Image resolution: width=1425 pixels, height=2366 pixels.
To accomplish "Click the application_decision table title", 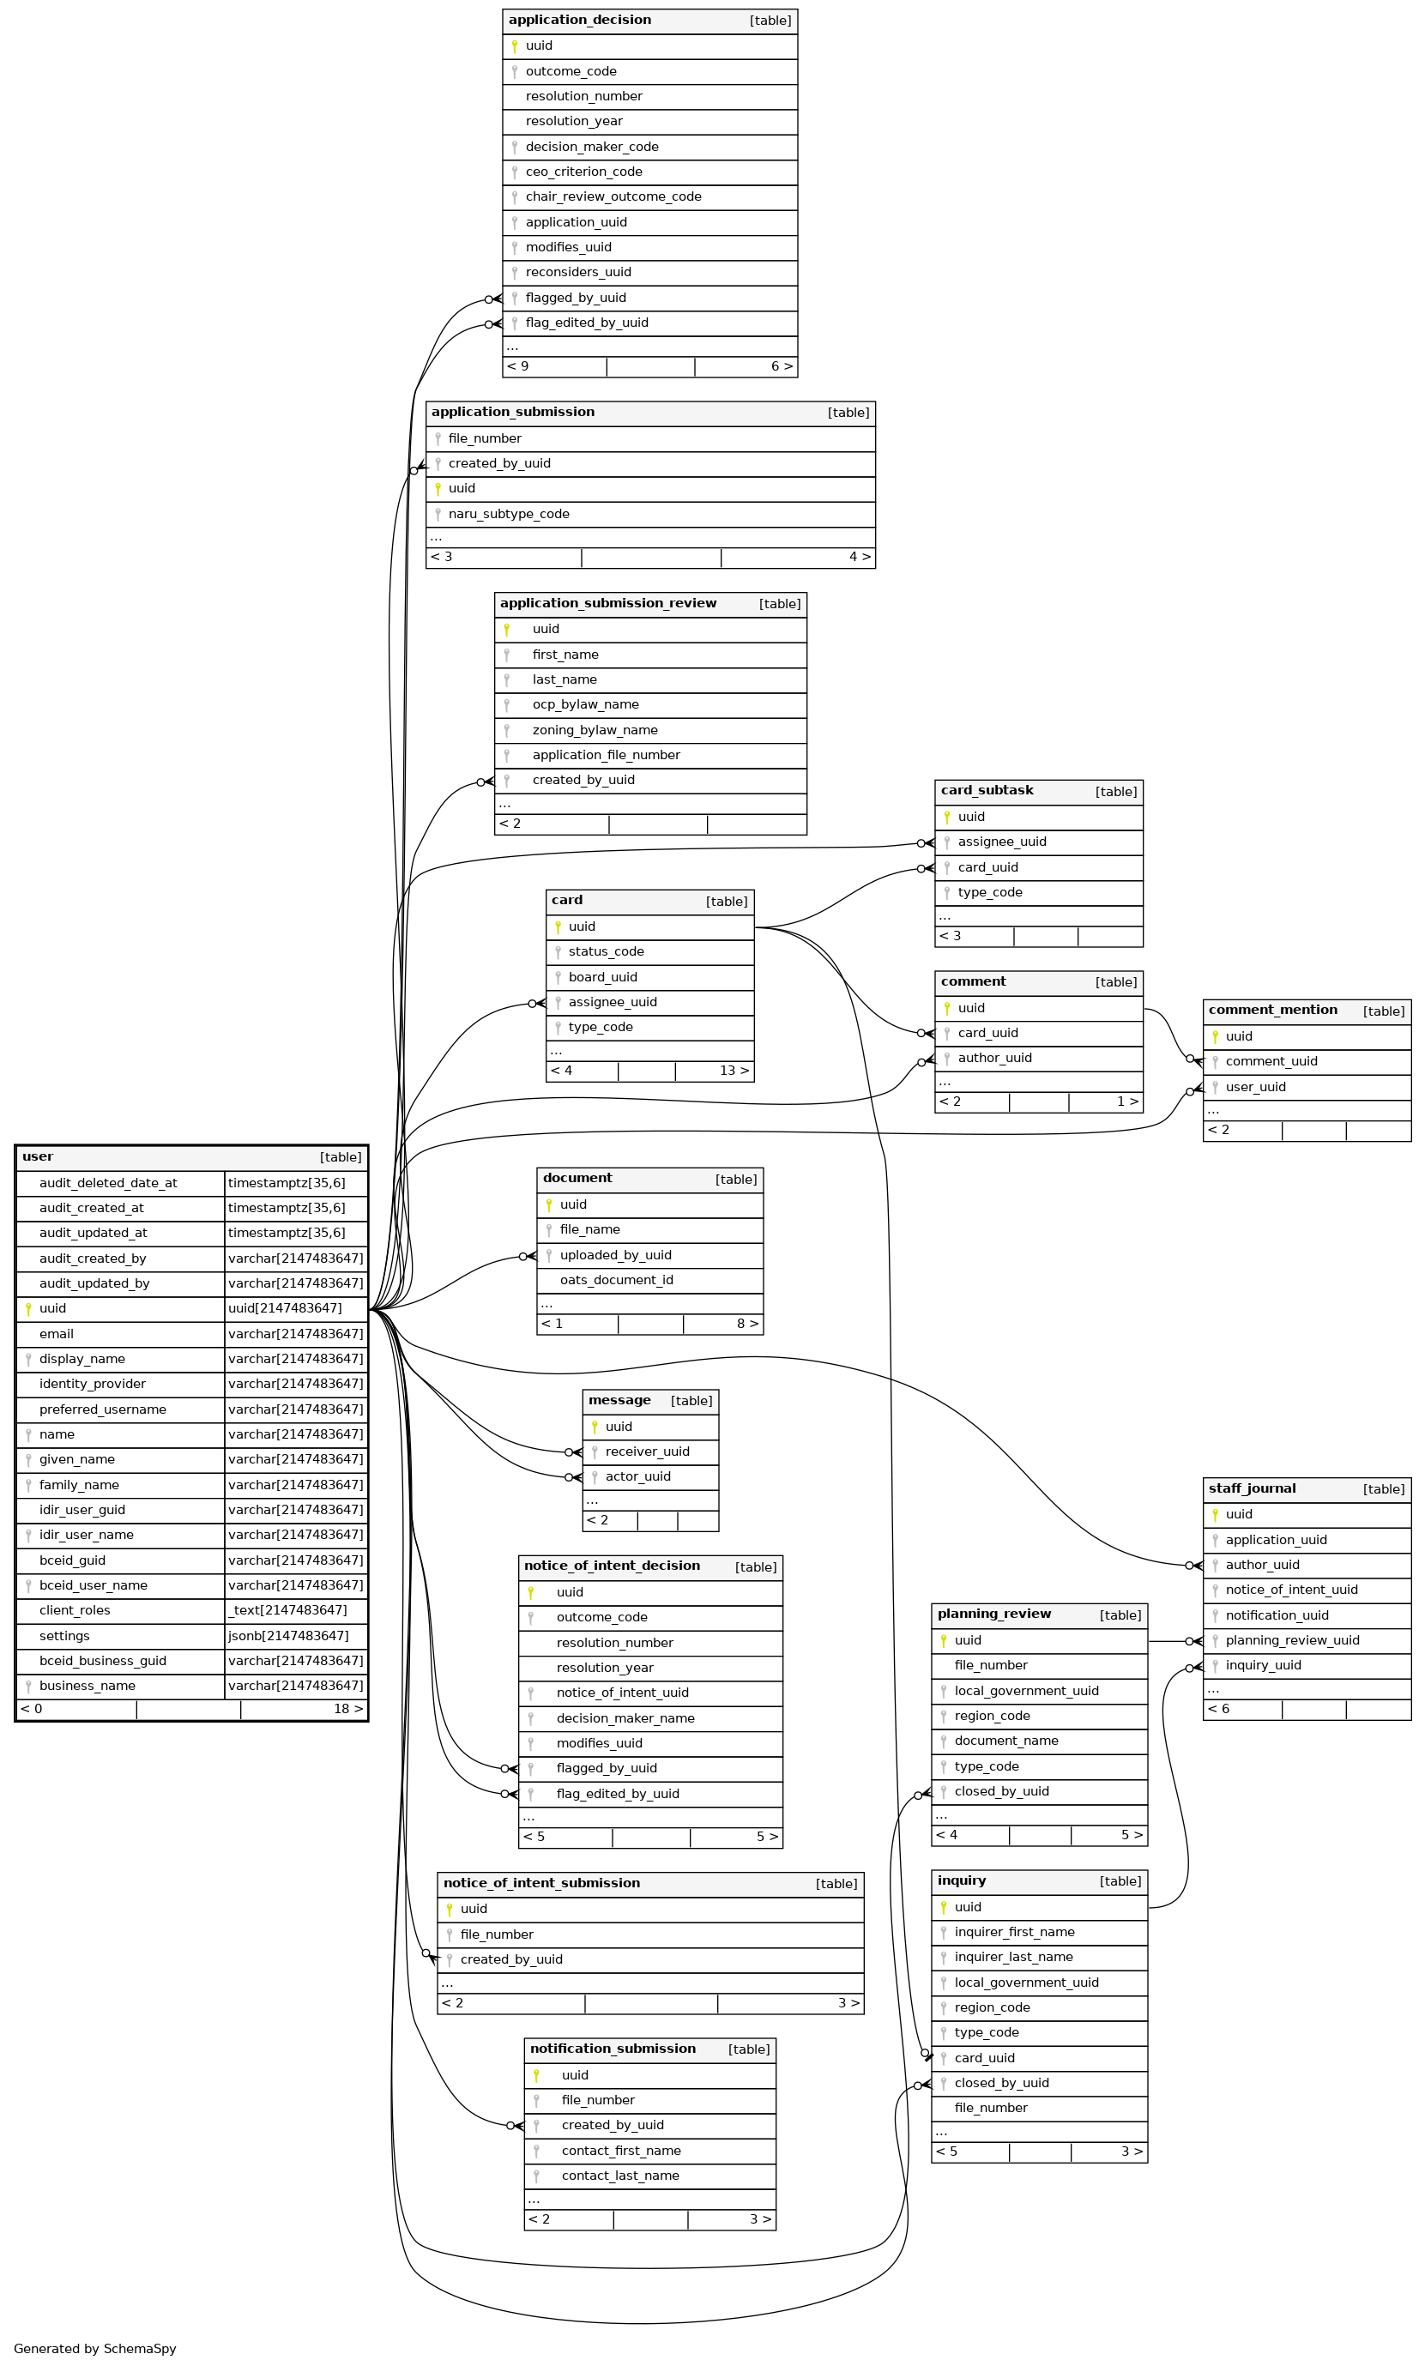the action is [x=579, y=21].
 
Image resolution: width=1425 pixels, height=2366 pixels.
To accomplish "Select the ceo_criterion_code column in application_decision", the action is [x=584, y=172].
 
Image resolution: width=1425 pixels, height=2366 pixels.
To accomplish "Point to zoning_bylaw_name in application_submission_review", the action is [x=595, y=730].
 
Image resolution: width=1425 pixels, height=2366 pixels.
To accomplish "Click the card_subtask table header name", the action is [x=987, y=790].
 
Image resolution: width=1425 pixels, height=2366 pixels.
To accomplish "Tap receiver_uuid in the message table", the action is [x=647, y=1451].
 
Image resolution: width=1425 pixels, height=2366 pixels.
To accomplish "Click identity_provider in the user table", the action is [x=92, y=1384].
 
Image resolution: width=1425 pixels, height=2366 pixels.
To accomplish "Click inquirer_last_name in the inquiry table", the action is [x=1014, y=1956].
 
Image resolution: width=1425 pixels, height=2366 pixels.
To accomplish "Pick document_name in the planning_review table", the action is [x=1006, y=1740].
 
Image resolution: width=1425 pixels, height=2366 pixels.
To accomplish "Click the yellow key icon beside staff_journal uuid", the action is [x=1215, y=1514].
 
